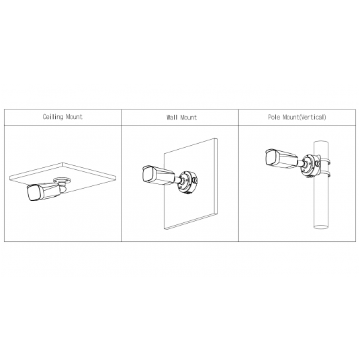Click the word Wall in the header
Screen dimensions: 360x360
point(172,118)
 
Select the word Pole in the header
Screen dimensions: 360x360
point(274,117)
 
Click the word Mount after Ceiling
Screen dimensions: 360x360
point(74,117)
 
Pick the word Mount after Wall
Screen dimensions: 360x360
point(188,118)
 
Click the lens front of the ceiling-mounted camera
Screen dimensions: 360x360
point(34,193)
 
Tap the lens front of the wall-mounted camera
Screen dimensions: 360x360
point(148,174)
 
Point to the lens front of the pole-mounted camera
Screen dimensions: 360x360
point(272,157)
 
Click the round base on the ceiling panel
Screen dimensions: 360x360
point(62,181)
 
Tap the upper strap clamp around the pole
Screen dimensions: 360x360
point(326,162)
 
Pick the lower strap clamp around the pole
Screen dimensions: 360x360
point(326,175)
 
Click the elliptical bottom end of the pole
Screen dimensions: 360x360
point(321,227)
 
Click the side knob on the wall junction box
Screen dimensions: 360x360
point(195,180)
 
